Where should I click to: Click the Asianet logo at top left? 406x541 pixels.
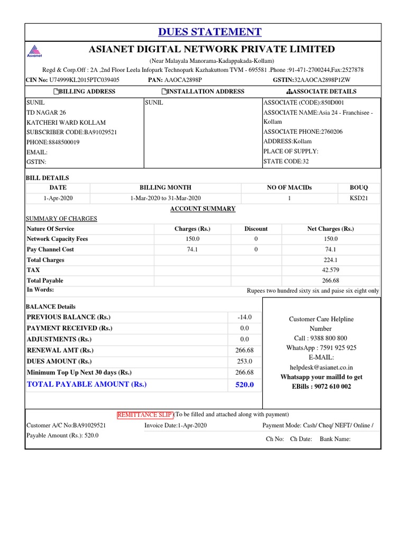pyautogui.click(x=34, y=50)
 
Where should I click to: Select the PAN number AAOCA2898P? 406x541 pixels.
pyautogui.click(x=183, y=80)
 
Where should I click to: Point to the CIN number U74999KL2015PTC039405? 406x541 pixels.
pyautogui.click(x=84, y=80)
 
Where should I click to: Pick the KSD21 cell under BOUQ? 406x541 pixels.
pyautogui.click(x=358, y=198)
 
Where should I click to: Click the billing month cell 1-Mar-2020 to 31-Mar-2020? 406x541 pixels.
pyautogui.click(x=165, y=198)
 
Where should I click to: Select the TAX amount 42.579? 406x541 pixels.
pyautogui.click(x=330, y=270)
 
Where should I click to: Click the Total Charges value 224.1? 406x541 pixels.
pyautogui.click(x=330, y=260)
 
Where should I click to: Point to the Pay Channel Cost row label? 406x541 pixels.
pyautogui.click(x=50, y=249)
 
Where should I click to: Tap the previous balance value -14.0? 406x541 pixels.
pyautogui.click(x=244, y=317)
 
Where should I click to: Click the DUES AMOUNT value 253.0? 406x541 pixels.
pyautogui.click(x=244, y=361)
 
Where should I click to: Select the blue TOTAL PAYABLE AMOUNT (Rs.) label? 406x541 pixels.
pyautogui.click(x=87, y=384)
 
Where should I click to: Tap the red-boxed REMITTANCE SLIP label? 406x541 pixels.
pyautogui.click(x=145, y=414)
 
